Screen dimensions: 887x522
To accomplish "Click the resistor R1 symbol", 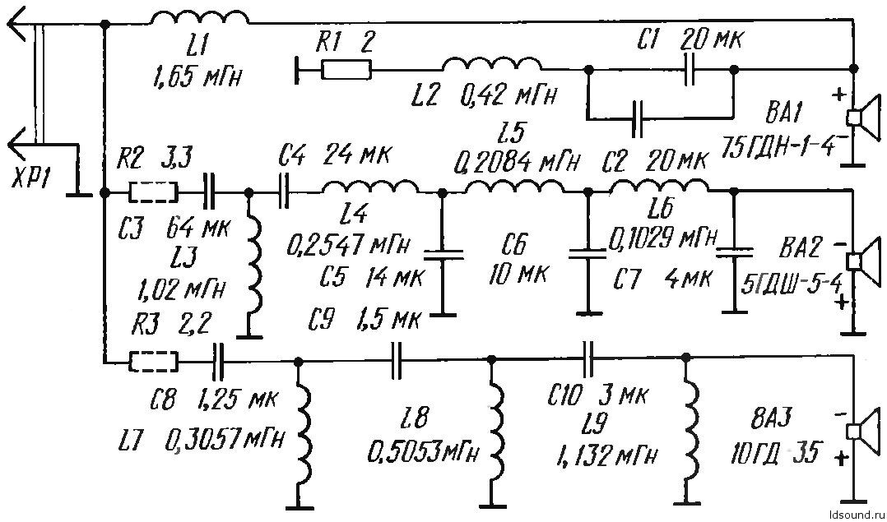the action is [x=346, y=70].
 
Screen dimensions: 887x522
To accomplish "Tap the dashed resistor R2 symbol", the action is [x=153, y=192].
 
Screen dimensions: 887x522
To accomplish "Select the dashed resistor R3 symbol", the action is [x=153, y=362].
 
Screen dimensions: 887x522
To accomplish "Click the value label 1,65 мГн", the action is [x=197, y=75].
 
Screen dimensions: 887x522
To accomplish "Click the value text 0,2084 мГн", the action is [x=517, y=163].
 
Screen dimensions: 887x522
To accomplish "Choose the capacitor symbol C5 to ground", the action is [x=443, y=256].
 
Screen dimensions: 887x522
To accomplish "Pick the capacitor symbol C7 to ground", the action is [x=734, y=252].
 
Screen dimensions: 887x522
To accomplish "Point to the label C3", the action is [x=132, y=229].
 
